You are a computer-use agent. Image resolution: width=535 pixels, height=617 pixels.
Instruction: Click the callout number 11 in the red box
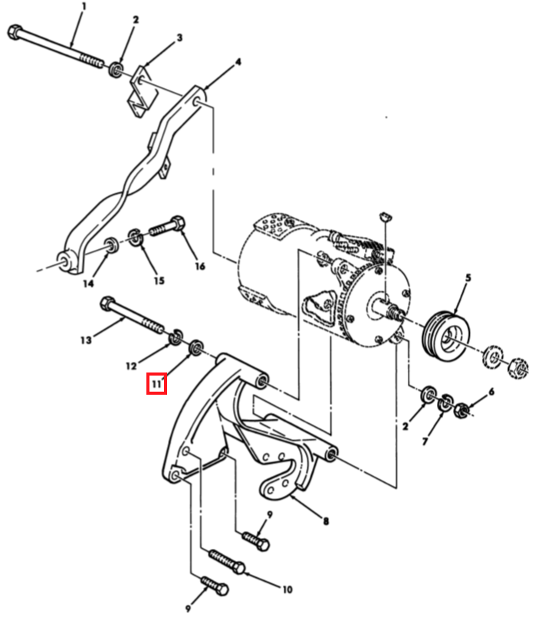pyautogui.click(x=157, y=384)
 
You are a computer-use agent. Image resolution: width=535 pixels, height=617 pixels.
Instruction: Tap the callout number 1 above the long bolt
pyautogui.click(x=84, y=7)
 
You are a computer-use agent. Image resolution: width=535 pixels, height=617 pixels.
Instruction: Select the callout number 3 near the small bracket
pyautogui.click(x=179, y=38)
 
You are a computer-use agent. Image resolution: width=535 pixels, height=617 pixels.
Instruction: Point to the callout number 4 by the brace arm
pyautogui.click(x=238, y=62)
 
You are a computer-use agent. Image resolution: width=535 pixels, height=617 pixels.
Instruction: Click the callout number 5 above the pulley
pyautogui.click(x=468, y=277)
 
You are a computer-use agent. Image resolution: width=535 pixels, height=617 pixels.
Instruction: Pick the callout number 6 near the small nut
pyautogui.click(x=491, y=392)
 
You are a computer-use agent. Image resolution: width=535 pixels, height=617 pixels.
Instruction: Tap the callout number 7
pyautogui.click(x=425, y=442)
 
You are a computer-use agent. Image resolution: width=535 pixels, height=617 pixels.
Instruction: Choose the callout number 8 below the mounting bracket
pyautogui.click(x=326, y=522)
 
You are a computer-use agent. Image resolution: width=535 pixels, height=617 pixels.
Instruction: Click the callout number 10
pyautogui.click(x=287, y=589)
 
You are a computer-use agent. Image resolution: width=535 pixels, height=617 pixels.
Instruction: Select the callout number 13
pyautogui.click(x=86, y=340)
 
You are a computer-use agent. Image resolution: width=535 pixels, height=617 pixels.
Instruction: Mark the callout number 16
pyautogui.click(x=200, y=267)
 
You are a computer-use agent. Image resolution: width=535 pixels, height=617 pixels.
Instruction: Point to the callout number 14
pyautogui.click(x=88, y=284)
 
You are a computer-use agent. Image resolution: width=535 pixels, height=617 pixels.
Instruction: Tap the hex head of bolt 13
pyautogui.click(x=107, y=304)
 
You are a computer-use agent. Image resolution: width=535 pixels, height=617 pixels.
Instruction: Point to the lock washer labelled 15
pyautogui.click(x=136, y=238)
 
